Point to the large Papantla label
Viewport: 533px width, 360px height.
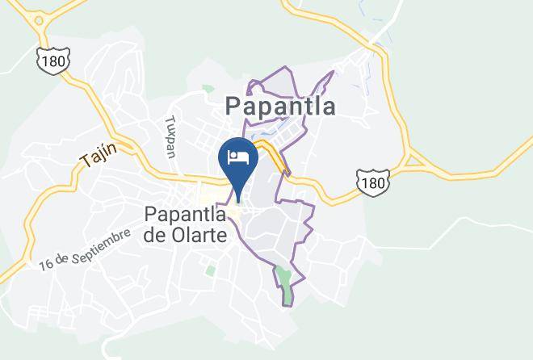click(x=280, y=106)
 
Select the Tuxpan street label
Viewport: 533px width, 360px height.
click(x=170, y=136)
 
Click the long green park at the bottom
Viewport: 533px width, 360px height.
click(x=285, y=286)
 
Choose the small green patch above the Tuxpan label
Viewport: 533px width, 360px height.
click(x=208, y=89)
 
